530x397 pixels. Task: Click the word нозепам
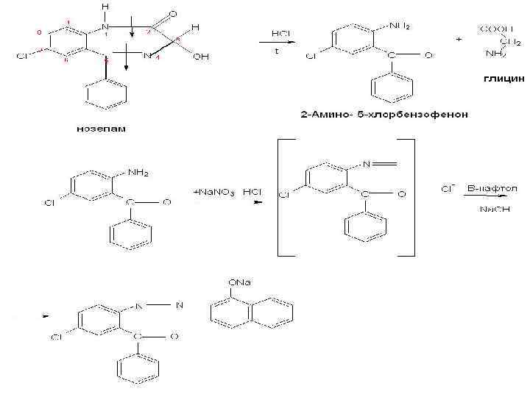(101, 129)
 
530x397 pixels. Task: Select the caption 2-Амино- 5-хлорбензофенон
(384, 115)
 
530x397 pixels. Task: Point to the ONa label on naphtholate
(239, 282)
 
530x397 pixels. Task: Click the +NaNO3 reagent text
(213, 192)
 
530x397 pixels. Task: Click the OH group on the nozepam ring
(199, 57)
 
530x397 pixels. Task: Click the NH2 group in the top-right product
(399, 26)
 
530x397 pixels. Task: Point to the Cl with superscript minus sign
(447, 189)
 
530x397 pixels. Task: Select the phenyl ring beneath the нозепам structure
(107, 94)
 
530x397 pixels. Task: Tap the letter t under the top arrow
(277, 52)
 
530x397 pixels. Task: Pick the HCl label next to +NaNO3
(253, 192)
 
